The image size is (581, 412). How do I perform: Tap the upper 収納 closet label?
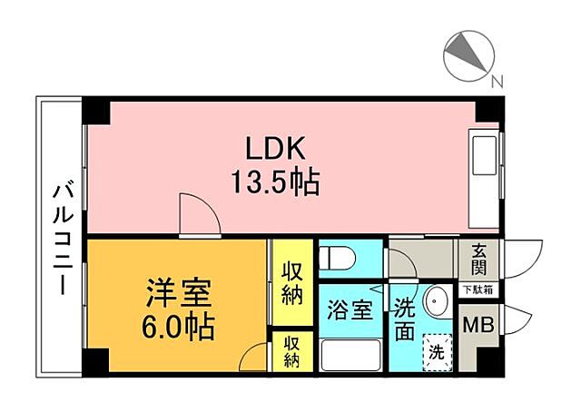[x=291, y=283]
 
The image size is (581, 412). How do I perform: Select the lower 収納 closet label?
[x=291, y=350]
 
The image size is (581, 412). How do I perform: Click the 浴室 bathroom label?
[x=350, y=310]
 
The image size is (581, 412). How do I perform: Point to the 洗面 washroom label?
[x=405, y=319]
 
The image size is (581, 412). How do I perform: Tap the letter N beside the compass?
[x=497, y=82]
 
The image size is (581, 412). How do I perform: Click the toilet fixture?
[x=340, y=259]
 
